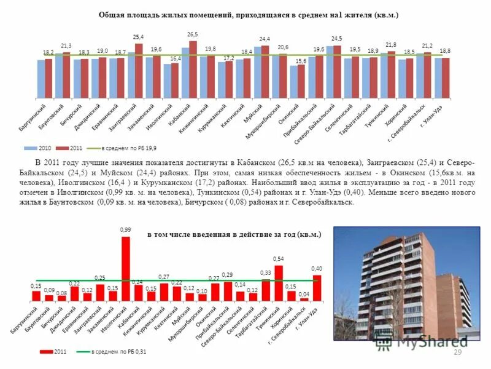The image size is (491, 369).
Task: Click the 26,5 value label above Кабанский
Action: point(192,34)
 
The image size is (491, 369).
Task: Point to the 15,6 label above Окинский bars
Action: point(301,60)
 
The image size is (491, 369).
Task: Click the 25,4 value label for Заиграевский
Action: point(138,38)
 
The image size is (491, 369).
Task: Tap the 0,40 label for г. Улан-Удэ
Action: point(317,269)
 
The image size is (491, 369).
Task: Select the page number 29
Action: point(457,351)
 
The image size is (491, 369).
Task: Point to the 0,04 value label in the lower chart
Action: point(304,294)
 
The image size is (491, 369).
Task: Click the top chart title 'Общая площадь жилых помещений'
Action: point(249,15)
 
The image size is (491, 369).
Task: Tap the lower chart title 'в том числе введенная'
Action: point(234,235)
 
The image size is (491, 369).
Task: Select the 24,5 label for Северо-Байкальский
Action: point(336,39)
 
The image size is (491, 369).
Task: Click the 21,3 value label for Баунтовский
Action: point(66,46)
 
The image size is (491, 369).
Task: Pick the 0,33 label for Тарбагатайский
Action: point(266,273)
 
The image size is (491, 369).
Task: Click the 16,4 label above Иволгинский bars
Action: point(175,58)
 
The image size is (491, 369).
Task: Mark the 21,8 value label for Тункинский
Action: point(391,45)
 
